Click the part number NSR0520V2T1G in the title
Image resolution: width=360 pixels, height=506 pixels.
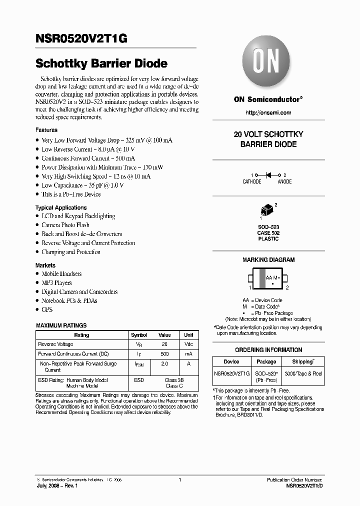click(x=81, y=41)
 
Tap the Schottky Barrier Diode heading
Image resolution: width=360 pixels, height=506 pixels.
click(x=101, y=63)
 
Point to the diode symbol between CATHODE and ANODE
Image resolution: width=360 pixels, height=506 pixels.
click(x=268, y=175)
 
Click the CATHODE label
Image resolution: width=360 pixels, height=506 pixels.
click(x=252, y=182)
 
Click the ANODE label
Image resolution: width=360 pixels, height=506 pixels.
click(x=284, y=182)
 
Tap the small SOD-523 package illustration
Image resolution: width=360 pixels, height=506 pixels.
click(x=267, y=210)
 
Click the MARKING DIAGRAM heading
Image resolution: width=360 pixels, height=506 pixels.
click(x=268, y=260)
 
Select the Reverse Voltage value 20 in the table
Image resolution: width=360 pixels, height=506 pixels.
click(x=164, y=344)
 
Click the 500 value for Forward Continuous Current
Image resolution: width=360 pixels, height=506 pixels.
click(x=164, y=353)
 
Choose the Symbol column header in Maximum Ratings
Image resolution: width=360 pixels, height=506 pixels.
click(x=138, y=335)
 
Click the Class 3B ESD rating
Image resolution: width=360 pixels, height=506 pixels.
click(x=174, y=380)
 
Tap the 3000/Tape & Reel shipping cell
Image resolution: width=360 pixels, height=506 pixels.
click(x=303, y=373)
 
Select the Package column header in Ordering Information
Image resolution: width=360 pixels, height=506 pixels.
click(x=266, y=361)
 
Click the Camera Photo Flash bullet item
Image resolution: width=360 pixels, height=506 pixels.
click(x=65, y=225)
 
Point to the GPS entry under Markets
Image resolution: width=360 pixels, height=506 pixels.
click(x=47, y=309)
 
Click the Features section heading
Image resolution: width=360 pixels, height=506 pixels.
click(x=46, y=130)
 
